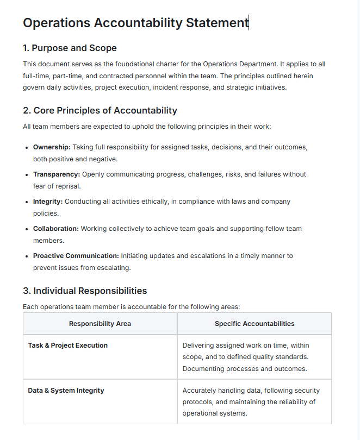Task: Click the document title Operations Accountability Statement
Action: [135, 23]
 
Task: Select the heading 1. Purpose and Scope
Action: [70, 48]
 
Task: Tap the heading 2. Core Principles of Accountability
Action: [100, 110]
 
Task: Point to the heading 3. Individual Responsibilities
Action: [85, 291]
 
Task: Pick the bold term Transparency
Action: [57, 174]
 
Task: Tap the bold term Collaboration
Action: [55, 229]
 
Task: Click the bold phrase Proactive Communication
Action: [76, 255]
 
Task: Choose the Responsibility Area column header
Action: [100, 324]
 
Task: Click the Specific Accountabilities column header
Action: [255, 324]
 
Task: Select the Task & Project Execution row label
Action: [68, 345]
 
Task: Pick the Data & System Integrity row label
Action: [66, 391]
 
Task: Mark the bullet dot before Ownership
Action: [27, 148]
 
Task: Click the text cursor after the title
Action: [249, 23]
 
